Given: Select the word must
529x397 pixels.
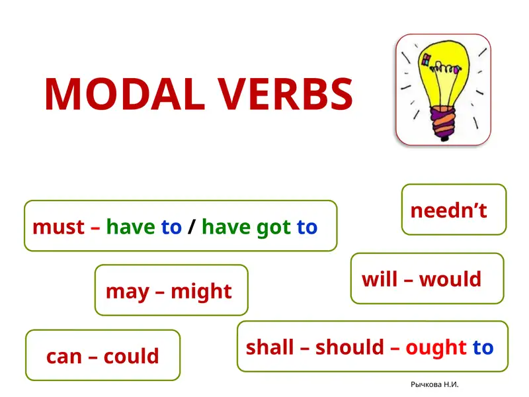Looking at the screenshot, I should click(x=58, y=228).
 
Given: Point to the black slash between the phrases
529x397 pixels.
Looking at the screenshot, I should click(x=191, y=228).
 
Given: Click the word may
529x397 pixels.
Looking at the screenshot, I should click(x=128, y=291).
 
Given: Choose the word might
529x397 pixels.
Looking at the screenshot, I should click(x=201, y=291).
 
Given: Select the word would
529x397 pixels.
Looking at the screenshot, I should click(x=450, y=279).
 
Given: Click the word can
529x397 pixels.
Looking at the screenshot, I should click(x=63, y=357).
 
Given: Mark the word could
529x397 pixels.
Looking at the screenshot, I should click(x=131, y=357).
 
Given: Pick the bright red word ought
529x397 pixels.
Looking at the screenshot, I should click(x=436, y=347).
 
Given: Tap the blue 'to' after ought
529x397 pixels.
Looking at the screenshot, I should click(x=483, y=347).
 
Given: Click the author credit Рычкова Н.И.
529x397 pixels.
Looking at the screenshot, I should click(x=434, y=384).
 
